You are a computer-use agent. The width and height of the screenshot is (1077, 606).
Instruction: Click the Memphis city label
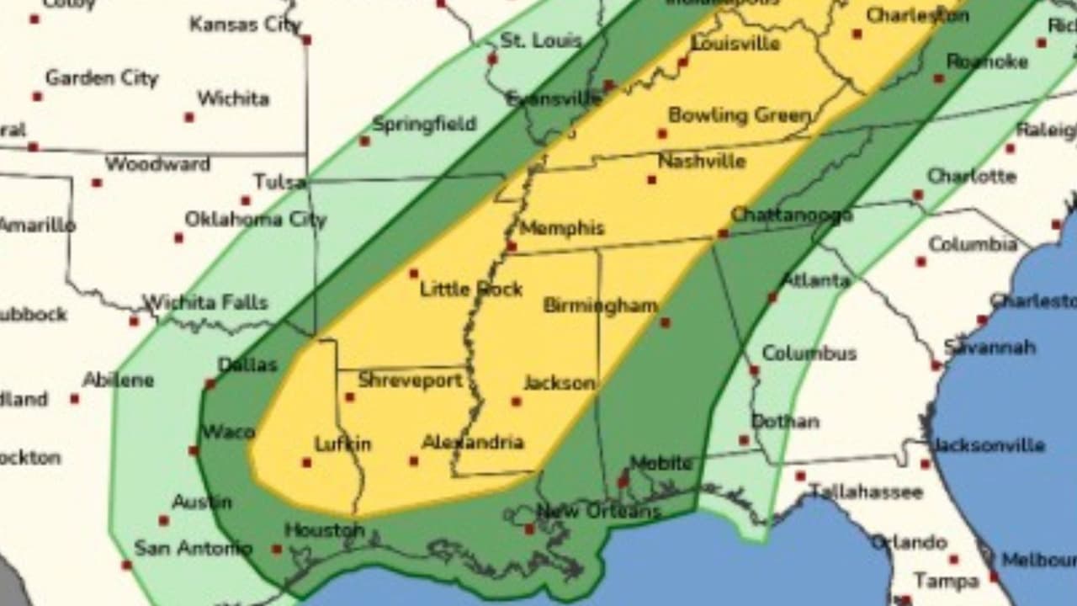(x=562, y=228)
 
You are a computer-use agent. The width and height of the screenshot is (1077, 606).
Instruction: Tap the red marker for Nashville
(x=651, y=179)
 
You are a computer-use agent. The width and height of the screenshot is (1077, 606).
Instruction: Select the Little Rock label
(x=471, y=290)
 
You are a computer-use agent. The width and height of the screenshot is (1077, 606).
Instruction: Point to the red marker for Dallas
(x=210, y=384)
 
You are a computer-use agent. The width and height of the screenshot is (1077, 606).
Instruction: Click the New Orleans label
(x=598, y=511)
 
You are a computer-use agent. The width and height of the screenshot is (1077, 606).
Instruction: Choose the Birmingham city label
(x=600, y=306)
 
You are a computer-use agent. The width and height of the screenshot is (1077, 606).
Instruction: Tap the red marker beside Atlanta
(x=772, y=297)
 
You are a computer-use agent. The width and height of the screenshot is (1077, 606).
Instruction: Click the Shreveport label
(x=410, y=380)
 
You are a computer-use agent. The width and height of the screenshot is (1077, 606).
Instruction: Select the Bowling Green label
(x=740, y=115)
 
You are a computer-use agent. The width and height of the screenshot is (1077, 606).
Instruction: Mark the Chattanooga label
(x=791, y=215)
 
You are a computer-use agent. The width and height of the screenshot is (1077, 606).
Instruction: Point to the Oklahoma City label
(x=255, y=220)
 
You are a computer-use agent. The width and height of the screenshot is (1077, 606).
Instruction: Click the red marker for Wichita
(x=189, y=117)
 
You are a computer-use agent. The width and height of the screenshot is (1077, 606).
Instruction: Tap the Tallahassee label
(x=866, y=491)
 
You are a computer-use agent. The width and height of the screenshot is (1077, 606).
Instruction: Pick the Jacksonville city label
(x=989, y=445)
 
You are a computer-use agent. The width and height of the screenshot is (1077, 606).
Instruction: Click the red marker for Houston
(x=276, y=549)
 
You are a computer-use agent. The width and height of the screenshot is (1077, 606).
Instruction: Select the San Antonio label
(x=193, y=548)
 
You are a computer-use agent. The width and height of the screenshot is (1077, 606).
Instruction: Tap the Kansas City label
(x=245, y=24)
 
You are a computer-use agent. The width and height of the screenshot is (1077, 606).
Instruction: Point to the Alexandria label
(x=472, y=442)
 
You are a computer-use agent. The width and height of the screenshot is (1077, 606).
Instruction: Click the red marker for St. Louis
(x=492, y=59)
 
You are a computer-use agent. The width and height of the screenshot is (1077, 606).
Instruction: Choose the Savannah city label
(x=989, y=347)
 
